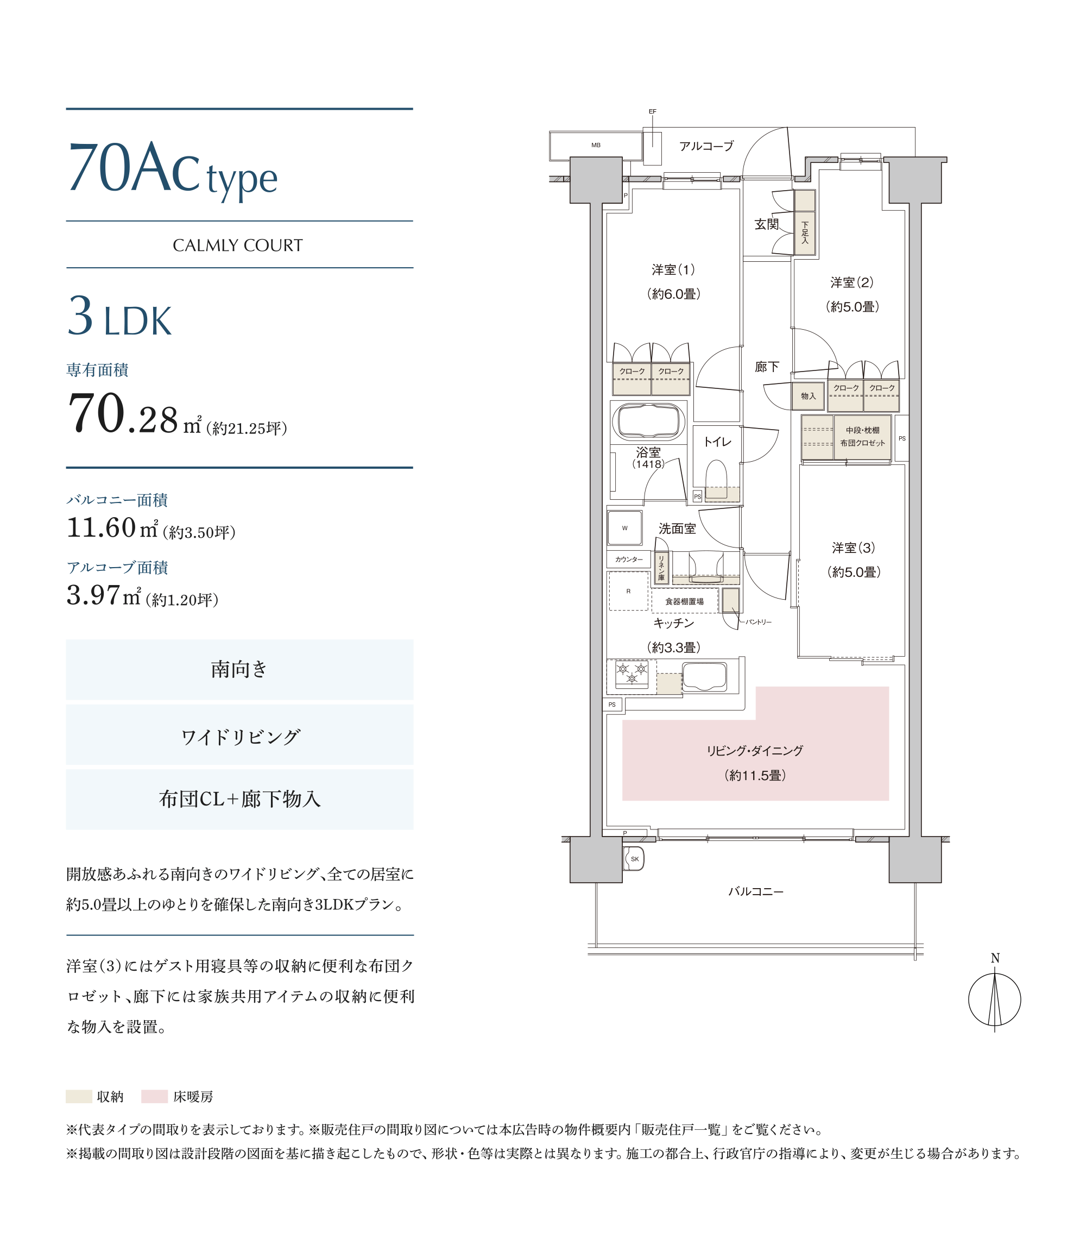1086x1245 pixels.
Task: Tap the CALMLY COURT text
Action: (238, 246)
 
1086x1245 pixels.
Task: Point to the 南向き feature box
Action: (239, 669)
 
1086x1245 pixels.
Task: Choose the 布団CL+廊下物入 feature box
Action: (239, 800)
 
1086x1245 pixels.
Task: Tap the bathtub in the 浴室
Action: (648, 420)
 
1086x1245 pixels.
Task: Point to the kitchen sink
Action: (704, 676)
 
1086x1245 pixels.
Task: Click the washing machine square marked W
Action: (625, 528)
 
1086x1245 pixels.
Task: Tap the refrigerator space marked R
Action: (628, 591)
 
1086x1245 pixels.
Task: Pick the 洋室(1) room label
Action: (673, 271)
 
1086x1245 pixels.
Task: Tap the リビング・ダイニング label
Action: (755, 750)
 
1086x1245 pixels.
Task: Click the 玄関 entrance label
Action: (767, 224)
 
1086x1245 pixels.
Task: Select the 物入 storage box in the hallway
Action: (808, 396)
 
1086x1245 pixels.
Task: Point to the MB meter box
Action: (596, 146)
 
